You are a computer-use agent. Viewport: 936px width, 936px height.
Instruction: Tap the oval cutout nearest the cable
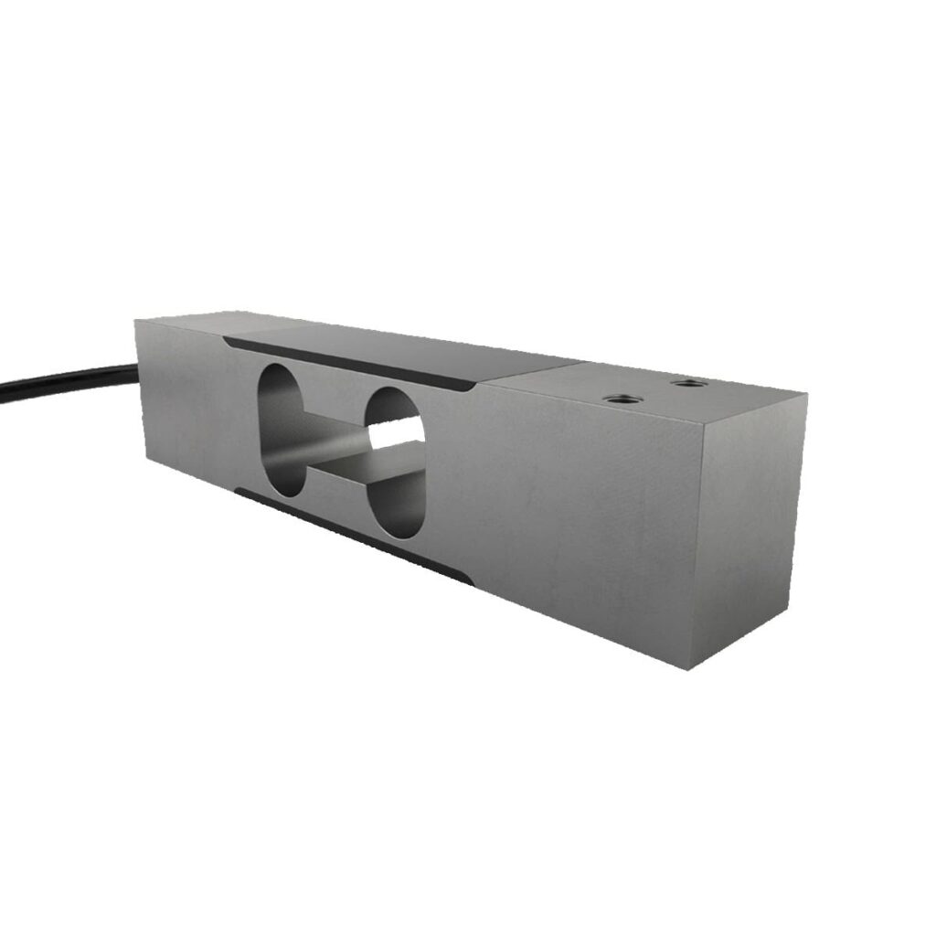pos(282,430)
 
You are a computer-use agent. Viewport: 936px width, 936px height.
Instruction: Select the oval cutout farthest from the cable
pos(394,457)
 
